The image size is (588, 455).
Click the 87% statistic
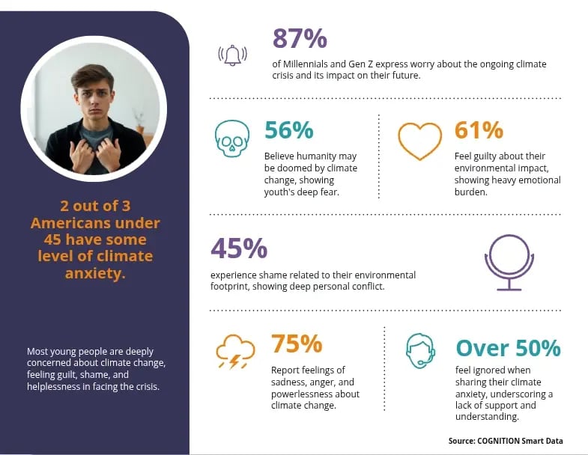(x=300, y=38)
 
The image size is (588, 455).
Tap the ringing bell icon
(x=232, y=56)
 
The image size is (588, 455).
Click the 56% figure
(x=288, y=130)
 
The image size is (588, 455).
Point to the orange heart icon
(x=420, y=140)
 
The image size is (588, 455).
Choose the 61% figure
(x=479, y=130)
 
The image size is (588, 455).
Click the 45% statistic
(x=239, y=248)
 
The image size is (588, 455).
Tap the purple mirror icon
(x=509, y=262)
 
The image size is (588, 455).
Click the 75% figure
(x=297, y=344)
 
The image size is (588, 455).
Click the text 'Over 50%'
(x=508, y=348)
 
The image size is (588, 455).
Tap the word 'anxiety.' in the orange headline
(x=95, y=273)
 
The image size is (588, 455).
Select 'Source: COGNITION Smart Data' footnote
(x=505, y=442)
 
